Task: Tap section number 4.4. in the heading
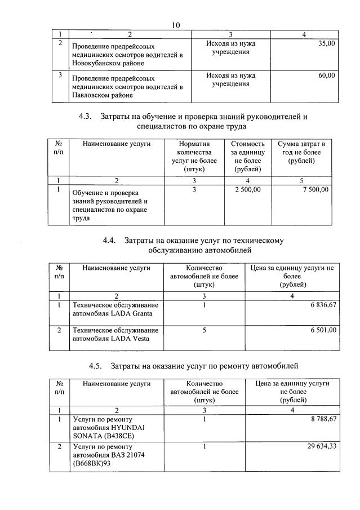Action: coord(109,240)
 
